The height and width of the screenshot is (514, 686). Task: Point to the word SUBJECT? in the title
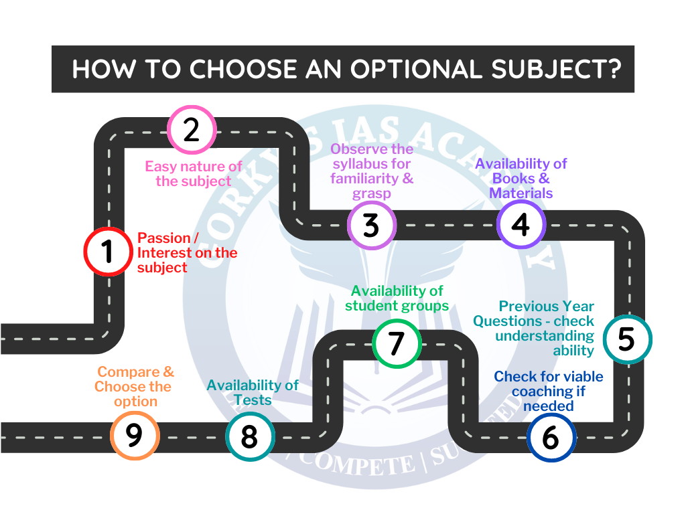click(x=556, y=69)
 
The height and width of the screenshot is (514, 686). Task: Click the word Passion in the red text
click(x=164, y=238)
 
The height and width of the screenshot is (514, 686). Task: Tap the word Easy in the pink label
click(x=161, y=167)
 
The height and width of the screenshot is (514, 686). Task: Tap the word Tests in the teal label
click(x=253, y=400)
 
